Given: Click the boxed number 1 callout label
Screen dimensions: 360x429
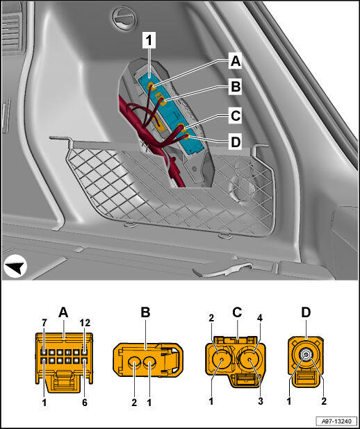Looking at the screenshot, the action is pyautogui.click(x=149, y=40).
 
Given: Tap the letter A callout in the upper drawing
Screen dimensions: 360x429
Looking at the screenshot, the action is pyautogui.click(x=236, y=60).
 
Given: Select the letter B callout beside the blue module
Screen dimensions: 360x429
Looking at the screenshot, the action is pyautogui.click(x=236, y=87).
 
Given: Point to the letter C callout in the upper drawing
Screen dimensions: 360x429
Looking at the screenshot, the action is pyautogui.click(x=236, y=115).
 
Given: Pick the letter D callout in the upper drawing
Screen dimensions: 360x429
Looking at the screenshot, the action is pyautogui.click(x=236, y=142).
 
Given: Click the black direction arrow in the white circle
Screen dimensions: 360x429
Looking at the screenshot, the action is pyautogui.click(x=15, y=266).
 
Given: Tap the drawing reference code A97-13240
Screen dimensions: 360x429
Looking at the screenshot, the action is pyautogui.click(x=336, y=420).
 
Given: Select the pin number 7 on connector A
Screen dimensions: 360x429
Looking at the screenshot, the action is pyautogui.click(x=44, y=323).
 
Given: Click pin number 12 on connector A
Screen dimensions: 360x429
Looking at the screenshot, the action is pyautogui.click(x=84, y=323).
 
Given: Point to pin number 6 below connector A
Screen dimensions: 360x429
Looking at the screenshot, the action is pyautogui.click(x=84, y=402).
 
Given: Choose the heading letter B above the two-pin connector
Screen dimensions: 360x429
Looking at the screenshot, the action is pyautogui.click(x=145, y=312).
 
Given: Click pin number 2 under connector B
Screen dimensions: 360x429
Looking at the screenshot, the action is pyautogui.click(x=134, y=402).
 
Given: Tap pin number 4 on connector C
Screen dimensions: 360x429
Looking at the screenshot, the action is pyautogui.click(x=260, y=318).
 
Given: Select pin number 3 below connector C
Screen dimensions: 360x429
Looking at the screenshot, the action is pyautogui.click(x=261, y=401).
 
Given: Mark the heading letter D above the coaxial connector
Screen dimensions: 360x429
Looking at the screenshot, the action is pyautogui.click(x=306, y=312).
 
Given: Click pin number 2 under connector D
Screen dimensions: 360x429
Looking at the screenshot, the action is pyautogui.click(x=324, y=401).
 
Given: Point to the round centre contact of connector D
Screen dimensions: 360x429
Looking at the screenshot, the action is pyautogui.click(x=306, y=355).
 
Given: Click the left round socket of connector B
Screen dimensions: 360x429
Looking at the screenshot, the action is pyautogui.click(x=135, y=364).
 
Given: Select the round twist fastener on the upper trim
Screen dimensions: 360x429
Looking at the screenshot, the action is pyautogui.click(x=124, y=18).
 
